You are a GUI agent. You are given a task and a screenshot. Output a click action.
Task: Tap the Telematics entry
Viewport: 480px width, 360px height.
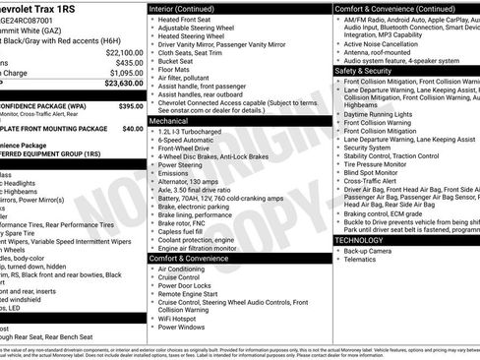click(363, 261)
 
